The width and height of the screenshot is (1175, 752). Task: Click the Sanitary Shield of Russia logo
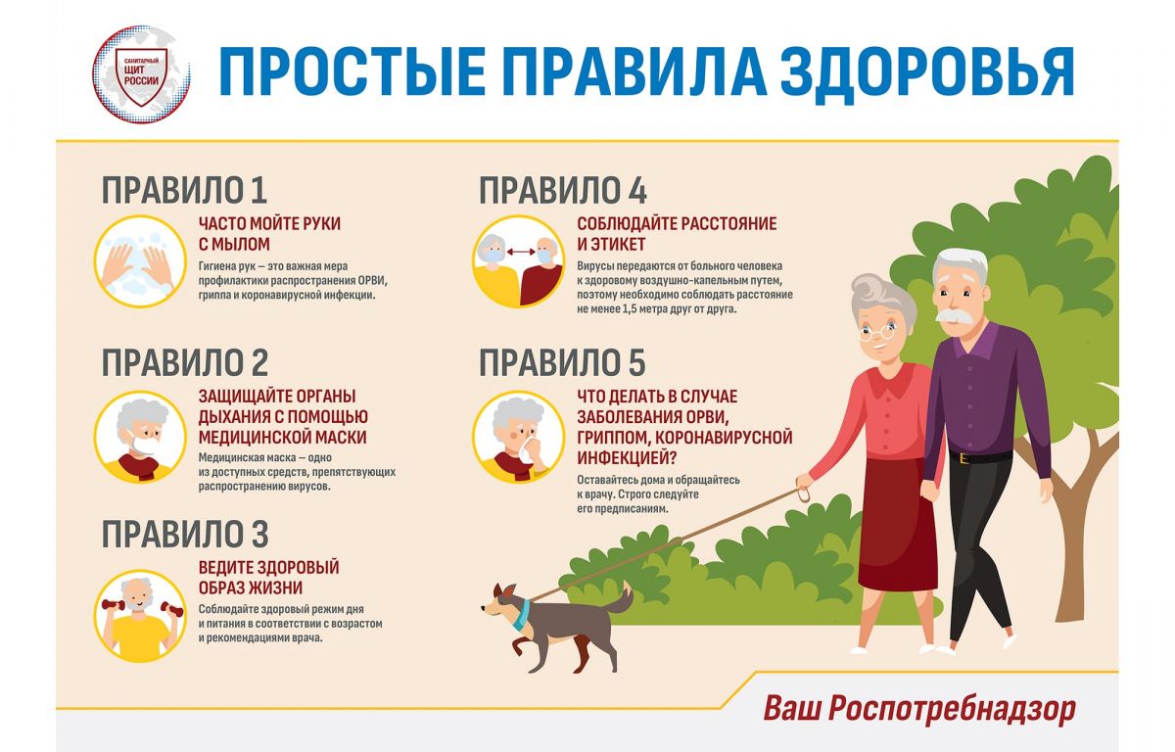coord(141,74)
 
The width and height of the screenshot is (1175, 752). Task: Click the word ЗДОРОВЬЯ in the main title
coord(926,73)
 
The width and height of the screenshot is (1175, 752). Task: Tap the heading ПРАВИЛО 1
coord(185,190)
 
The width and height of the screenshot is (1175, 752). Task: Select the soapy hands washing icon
coord(140,260)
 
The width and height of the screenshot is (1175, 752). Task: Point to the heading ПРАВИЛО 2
coord(185,362)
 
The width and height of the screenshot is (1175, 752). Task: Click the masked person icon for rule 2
coord(140,437)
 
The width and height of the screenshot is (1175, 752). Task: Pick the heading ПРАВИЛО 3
coord(185,535)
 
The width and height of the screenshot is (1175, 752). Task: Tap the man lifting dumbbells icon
coord(140,616)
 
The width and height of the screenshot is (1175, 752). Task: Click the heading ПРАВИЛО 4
coord(563,190)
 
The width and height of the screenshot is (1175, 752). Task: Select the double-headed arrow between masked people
coord(520,253)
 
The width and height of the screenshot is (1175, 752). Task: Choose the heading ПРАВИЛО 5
coord(562,362)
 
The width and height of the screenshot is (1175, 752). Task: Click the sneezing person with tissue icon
coord(518,437)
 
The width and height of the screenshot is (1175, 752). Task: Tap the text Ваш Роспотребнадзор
coord(919,710)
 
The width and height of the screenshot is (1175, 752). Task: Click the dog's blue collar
coord(521,615)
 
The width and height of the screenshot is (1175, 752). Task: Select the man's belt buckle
coord(963,458)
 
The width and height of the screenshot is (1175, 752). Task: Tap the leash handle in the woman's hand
coord(803,494)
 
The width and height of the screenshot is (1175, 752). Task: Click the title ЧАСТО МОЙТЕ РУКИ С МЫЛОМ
coord(269,234)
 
